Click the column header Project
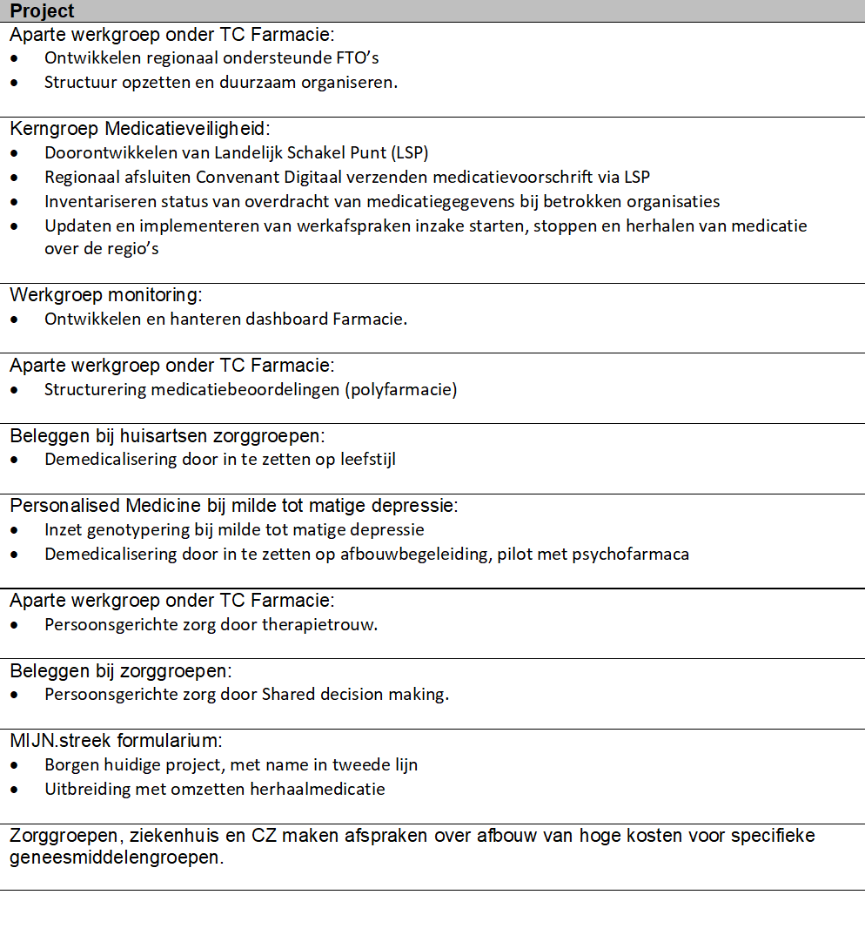point(42,10)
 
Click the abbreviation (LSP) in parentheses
point(408,152)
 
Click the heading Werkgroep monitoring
point(105,295)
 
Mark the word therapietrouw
point(324,624)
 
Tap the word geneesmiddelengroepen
point(115,858)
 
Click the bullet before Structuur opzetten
point(16,83)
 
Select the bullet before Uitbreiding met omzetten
point(16,790)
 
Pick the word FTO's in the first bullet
point(359,58)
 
